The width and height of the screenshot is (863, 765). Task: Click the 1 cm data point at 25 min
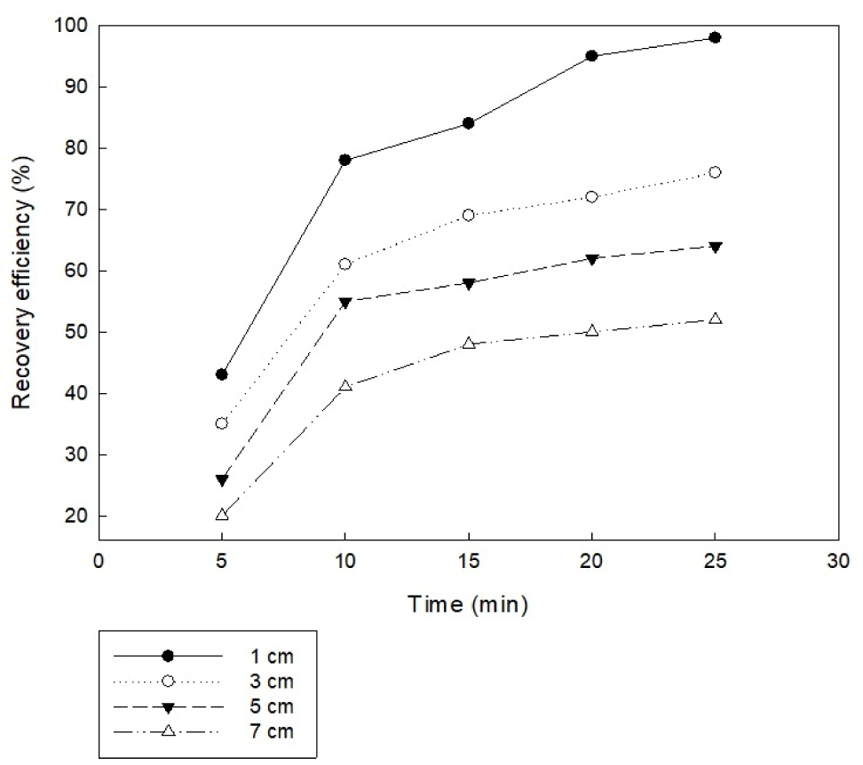click(715, 37)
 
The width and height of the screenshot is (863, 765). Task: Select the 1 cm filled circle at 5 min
click(221, 375)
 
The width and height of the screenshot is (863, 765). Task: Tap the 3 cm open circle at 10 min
click(344, 264)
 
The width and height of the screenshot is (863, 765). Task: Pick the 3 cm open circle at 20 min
click(591, 196)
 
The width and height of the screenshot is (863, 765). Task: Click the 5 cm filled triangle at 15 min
click(468, 283)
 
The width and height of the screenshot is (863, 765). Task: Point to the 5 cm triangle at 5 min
click(221, 480)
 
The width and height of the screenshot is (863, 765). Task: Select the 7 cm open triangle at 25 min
click(715, 319)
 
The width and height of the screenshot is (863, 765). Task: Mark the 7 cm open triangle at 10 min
click(344, 386)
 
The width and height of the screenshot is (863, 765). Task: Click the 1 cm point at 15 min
click(468, 123)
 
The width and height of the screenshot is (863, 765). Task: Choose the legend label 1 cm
click(272, 656)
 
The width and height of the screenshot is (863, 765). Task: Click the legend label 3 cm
click(272, 682)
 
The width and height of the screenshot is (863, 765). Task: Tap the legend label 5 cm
click(272, 706)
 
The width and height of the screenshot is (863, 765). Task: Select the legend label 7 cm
click(272, 731)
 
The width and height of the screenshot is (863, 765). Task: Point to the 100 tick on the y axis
click(70, 25)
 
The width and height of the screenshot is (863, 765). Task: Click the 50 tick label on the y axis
click(75, 332)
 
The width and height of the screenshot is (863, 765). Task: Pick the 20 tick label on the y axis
click(75, 516)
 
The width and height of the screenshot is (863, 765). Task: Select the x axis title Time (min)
click(468, 604)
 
